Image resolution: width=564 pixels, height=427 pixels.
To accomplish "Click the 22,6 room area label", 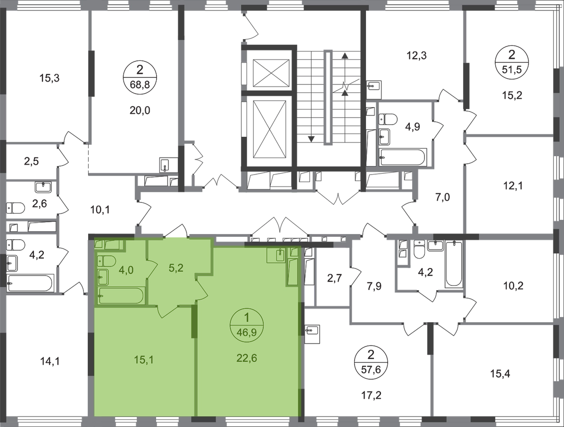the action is click(247, 358).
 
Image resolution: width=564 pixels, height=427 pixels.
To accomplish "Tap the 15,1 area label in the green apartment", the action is click(143, 360).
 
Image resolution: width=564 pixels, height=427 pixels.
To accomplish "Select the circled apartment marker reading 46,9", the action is click(247, 324).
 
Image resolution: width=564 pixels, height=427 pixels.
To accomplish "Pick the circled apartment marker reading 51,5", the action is click(512, 62).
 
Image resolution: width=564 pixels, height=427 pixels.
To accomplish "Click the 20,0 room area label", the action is click(140, 110).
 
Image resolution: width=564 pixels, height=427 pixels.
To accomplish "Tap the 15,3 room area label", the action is click(49, 78).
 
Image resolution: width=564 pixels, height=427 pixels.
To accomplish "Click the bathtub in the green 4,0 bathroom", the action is click(121, 296).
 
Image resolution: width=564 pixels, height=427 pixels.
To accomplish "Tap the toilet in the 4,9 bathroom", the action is click(388, 119).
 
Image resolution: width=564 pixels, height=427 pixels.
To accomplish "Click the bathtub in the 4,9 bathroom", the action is click(403, 157).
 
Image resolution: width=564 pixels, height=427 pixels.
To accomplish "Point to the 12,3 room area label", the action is click(416, 56).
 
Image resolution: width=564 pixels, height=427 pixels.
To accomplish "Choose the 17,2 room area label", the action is click(371, 395).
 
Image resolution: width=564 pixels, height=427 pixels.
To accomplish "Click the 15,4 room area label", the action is click(500, 374).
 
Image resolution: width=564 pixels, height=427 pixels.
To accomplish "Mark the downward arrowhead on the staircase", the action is click(311, 139).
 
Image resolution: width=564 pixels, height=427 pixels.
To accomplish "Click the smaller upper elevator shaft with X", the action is click(271, 73).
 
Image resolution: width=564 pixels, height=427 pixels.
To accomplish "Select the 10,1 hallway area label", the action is click(100, 209).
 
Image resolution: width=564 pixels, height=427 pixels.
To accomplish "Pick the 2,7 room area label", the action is click(334, 278).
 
